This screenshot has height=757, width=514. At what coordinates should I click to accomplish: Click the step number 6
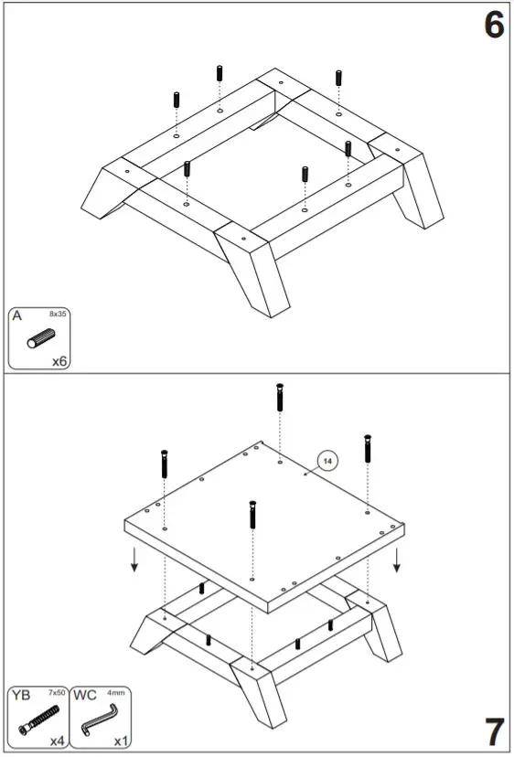493,25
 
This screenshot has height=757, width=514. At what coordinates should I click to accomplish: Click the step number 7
493,731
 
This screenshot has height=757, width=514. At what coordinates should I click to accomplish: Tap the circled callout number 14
327,462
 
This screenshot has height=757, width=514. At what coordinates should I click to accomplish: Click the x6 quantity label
59,361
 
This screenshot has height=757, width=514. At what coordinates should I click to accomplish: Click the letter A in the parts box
17,316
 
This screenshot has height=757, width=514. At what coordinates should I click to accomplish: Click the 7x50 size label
56,694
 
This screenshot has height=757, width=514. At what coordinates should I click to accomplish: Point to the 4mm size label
118,694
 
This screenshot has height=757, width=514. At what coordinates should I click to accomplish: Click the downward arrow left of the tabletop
134,559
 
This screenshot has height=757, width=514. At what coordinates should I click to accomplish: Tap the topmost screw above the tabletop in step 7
280,400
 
